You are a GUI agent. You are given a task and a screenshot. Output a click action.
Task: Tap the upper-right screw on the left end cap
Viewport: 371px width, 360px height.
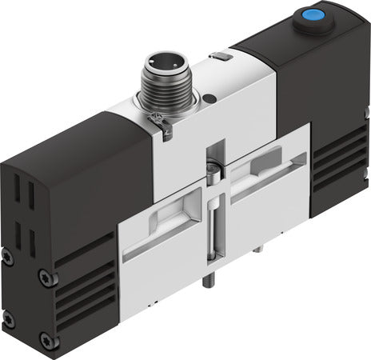[46, 277]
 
